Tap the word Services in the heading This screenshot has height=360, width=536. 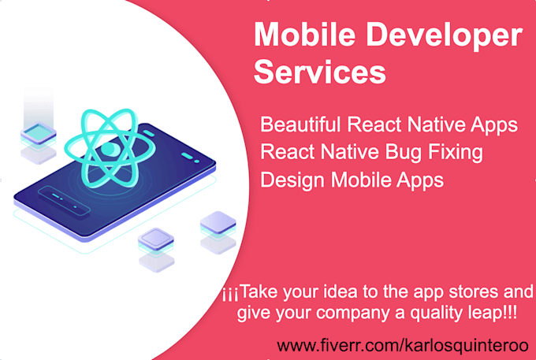pyautogui.click(x=320, y=73)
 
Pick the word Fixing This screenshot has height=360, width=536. pyautogui.click(x=454, y=153)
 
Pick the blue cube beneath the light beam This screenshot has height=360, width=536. pyautogui.click(x=35, y=134)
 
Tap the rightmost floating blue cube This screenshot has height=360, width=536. pyautogui.click(x=217, y=227)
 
